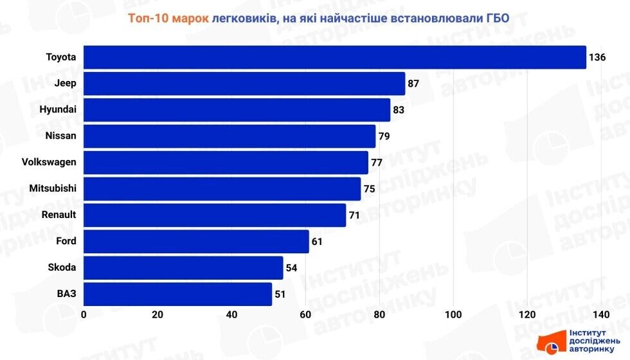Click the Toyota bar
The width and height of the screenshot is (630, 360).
pos(334,57)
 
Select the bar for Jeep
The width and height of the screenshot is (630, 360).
pos(244,84)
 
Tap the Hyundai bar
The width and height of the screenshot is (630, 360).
pos(237,110)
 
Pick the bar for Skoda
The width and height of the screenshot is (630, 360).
pos(183,267)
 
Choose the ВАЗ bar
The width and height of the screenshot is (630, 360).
pos(177,294)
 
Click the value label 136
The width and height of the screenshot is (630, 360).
pos(597,57)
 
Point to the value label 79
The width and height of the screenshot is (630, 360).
pos(384,136)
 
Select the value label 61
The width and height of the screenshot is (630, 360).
pos(317,242)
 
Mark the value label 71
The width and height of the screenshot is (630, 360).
pos(354,215)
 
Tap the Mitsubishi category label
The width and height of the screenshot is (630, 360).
pos(53,188)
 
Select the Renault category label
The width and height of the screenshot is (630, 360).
pos(59,215)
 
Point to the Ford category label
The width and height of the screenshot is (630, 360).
pos(66,241)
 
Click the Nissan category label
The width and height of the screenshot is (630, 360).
pos(61,136)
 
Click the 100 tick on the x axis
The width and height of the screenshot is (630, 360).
pos(453,315)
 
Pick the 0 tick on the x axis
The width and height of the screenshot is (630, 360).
pos(84,315)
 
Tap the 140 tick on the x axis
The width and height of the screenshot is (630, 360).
pos(601,315)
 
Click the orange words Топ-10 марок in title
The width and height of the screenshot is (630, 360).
pos(168,19)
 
